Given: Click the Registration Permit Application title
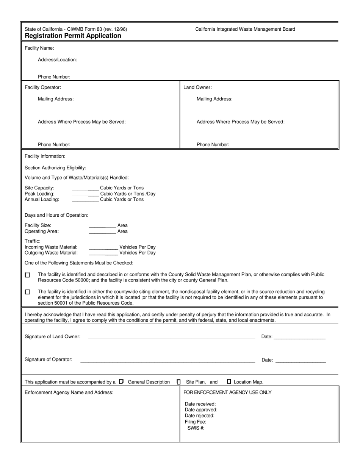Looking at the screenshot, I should (73, 36).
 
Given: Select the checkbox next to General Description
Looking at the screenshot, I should (121, 382).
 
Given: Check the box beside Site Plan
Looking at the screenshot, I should (179, 382).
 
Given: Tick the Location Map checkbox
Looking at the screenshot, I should (229, 382).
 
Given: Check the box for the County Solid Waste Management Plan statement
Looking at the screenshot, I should (27, 275).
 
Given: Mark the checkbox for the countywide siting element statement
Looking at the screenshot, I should (27, 292).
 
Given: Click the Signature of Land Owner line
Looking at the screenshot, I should (171, 337).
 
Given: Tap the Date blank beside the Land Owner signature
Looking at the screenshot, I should (299, 337).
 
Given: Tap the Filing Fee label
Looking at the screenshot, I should (196, 422).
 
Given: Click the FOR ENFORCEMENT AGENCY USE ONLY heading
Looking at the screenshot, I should (227, 393).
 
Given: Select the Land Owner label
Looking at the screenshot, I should (197, 88).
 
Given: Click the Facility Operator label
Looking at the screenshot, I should (43, 88).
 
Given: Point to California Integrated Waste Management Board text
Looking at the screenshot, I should (245, 29).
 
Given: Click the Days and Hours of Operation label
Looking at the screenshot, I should (56, 215).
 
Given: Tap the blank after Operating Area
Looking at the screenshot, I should (102, 232).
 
